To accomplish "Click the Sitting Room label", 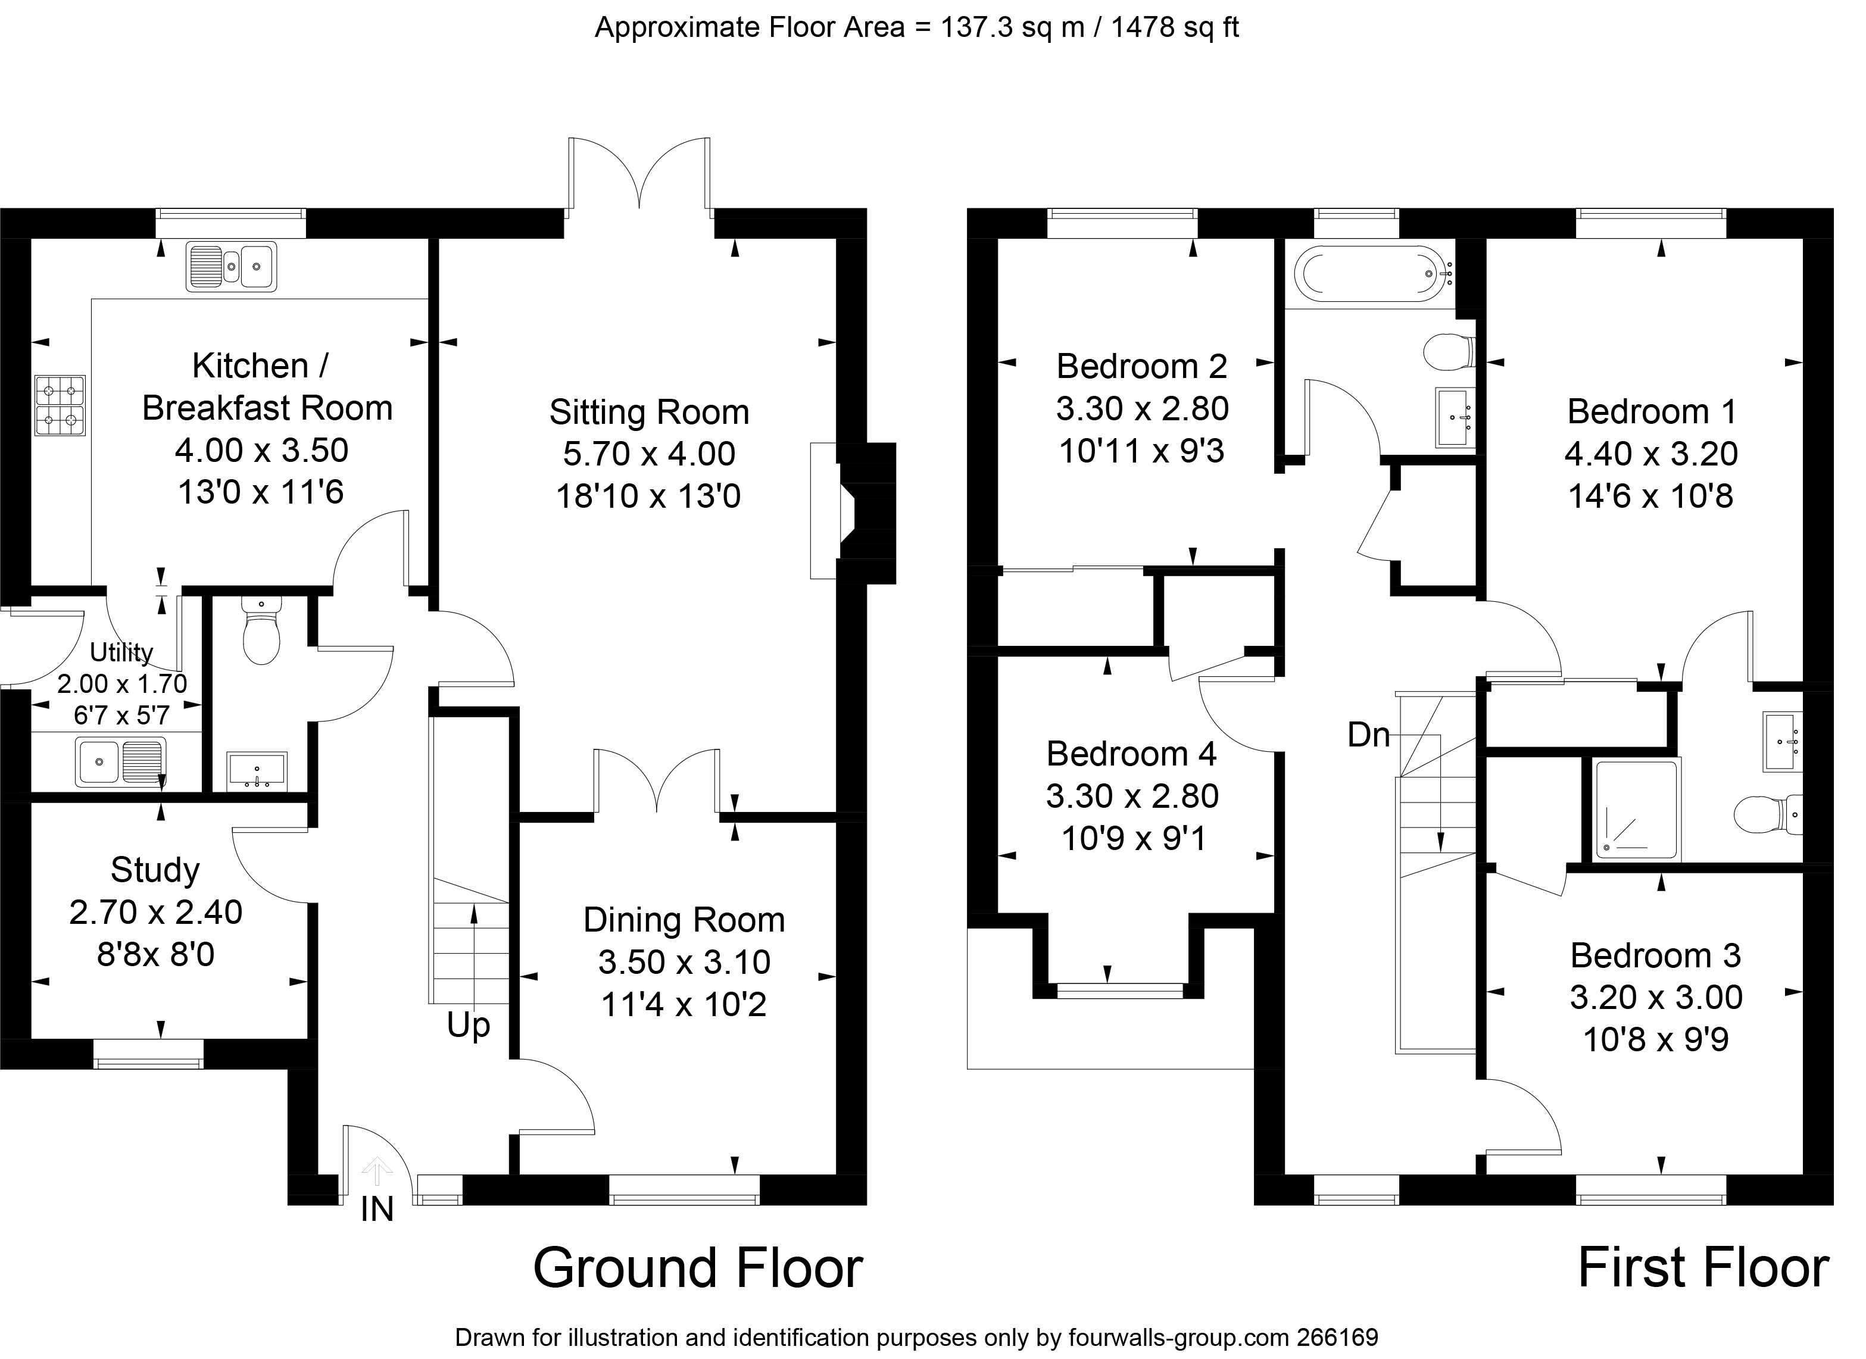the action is [649, 412].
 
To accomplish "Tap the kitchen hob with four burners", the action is [60, 405].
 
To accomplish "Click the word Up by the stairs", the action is [468, 1026].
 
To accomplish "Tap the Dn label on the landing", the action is [1368, 735].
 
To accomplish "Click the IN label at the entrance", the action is [377, 1208].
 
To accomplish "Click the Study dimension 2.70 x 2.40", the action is [155, 913].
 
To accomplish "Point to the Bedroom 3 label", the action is [1655, 955].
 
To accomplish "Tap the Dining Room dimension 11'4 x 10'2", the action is [684, 1004].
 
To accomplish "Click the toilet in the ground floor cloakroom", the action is [261, 630].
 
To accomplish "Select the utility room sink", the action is [120, 761].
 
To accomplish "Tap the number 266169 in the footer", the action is [1337, 1337].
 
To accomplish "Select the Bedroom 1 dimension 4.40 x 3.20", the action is [1650, 453].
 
